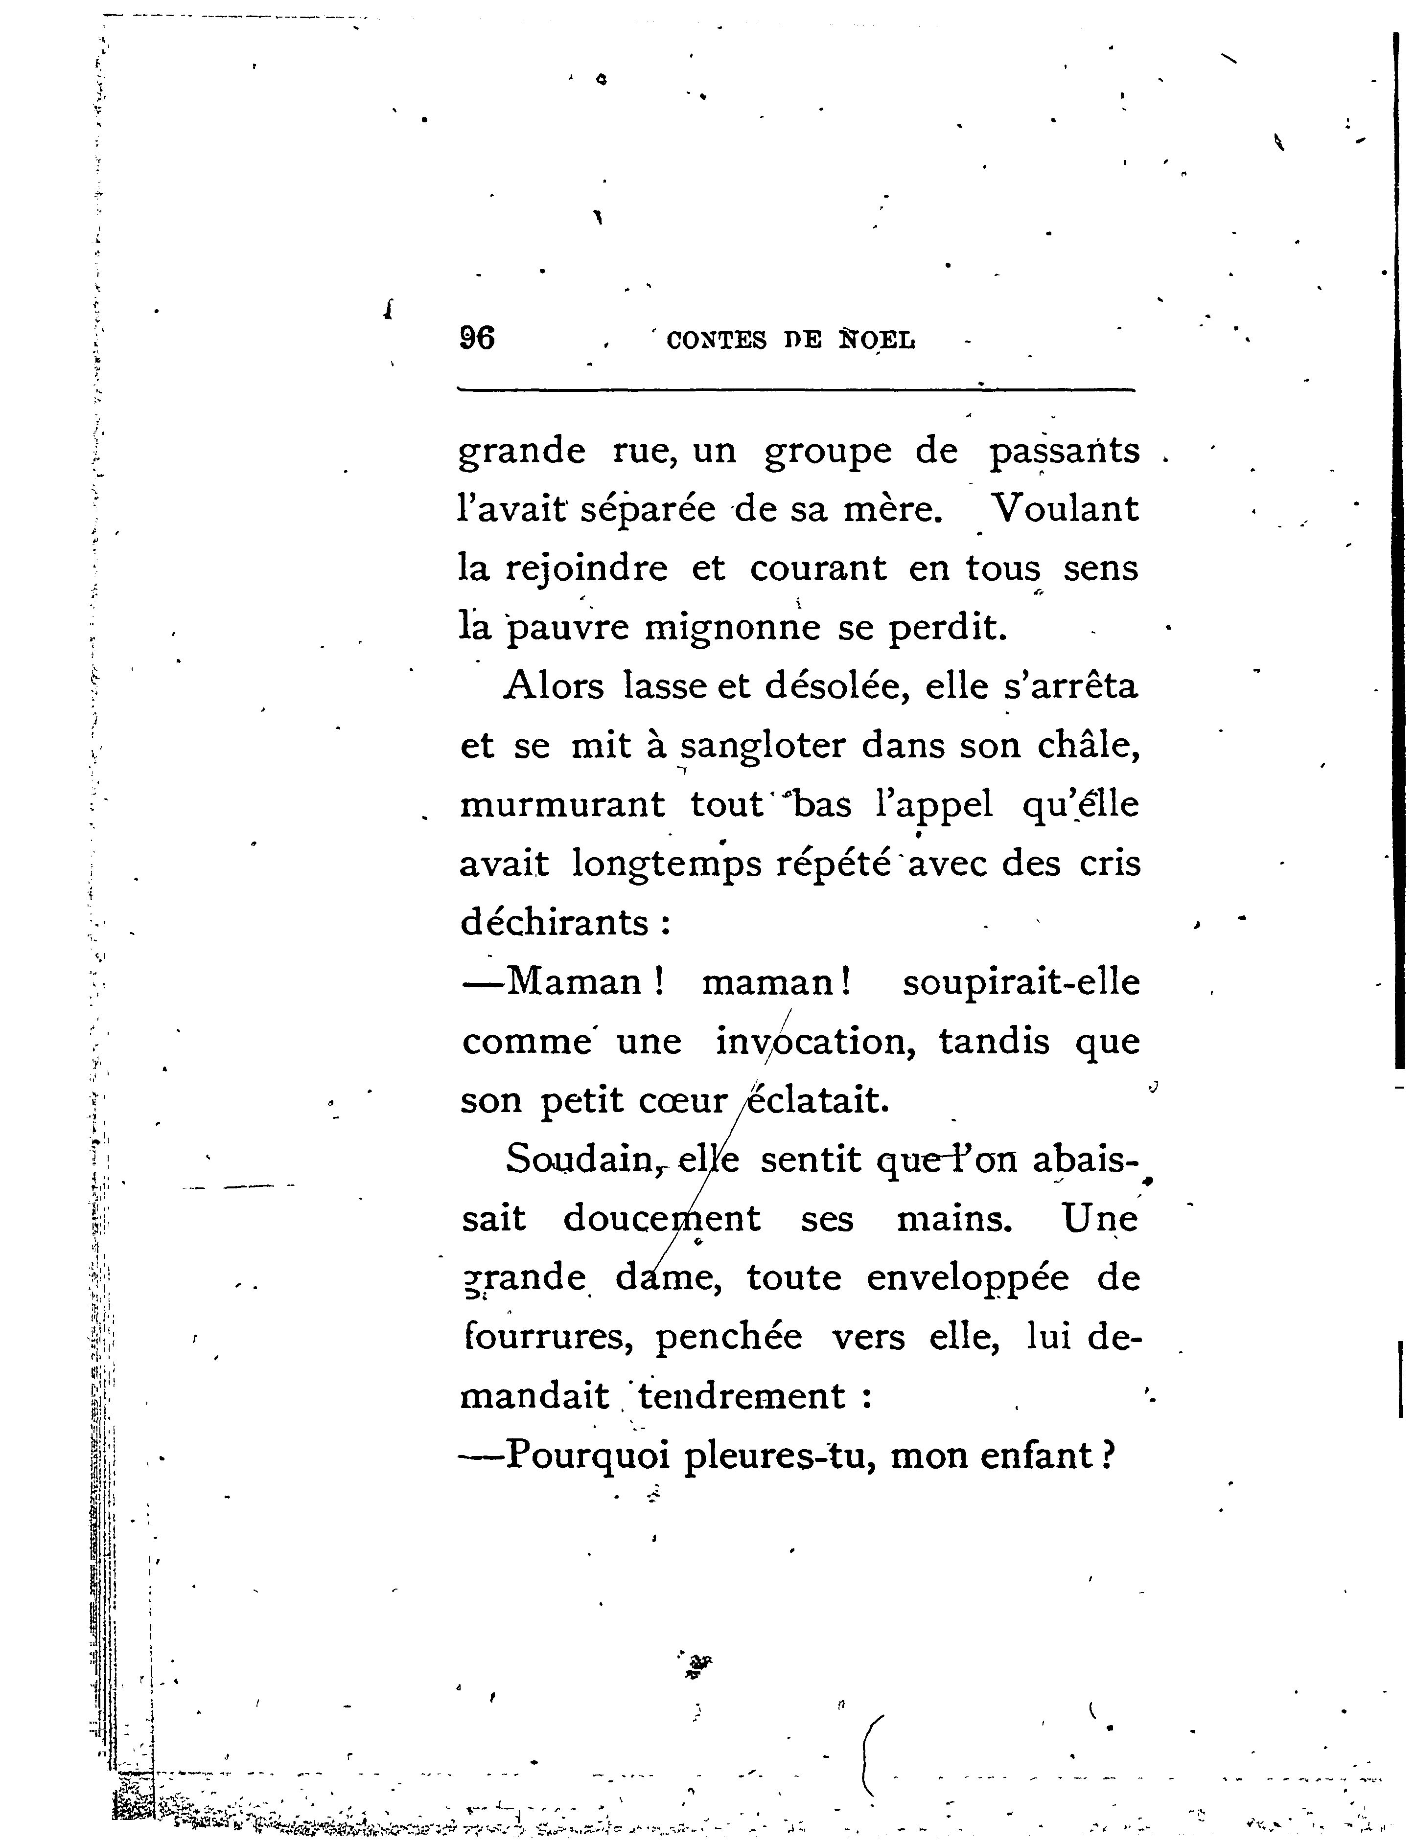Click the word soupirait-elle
[x=1021, y=982]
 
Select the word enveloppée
[x=968, y=1278]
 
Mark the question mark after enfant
[x=1109, y=1455]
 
